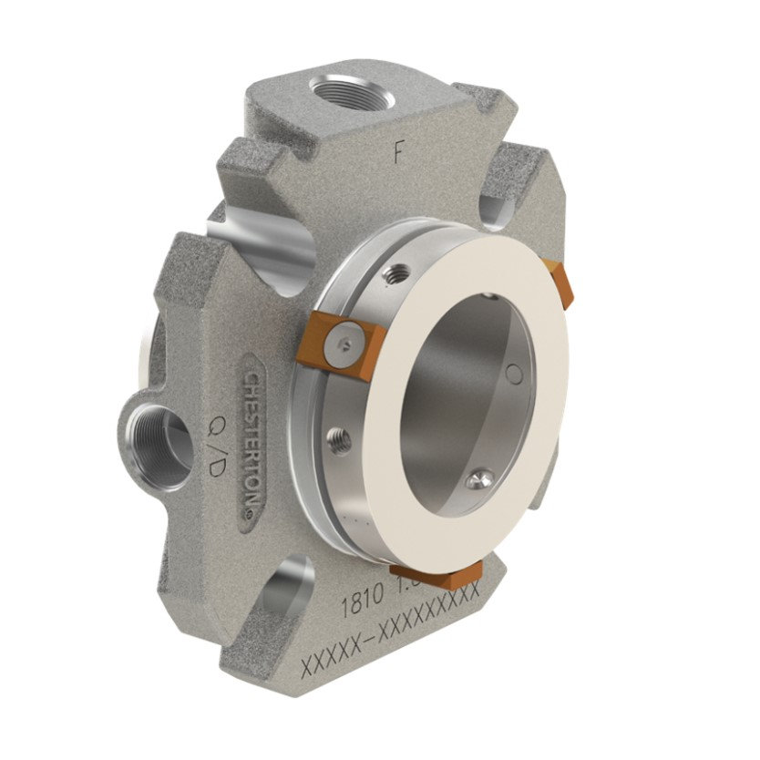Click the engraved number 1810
(x=357, y=602)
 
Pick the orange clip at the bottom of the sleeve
(x=436, y=574)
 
